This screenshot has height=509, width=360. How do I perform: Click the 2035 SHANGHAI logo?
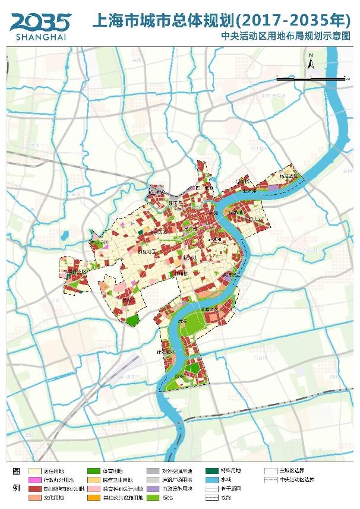tap(39, 25)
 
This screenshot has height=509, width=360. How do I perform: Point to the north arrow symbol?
tap(311, 62)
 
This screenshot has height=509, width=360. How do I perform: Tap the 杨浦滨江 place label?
tap(289, 176)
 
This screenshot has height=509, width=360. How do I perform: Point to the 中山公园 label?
tap(98, 243)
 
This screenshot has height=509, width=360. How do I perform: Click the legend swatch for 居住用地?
tap(34, 470)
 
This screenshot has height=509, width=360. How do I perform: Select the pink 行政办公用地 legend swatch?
tap(34, 479)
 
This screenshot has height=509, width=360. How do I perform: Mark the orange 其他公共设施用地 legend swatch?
tap(93, 497)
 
